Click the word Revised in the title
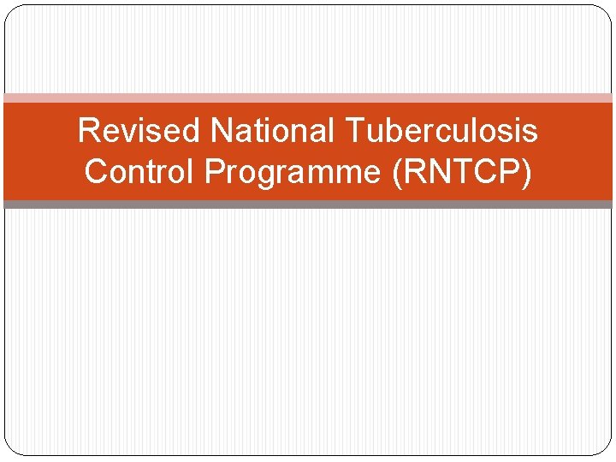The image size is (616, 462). [139, 132]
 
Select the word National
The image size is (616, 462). [274, 132]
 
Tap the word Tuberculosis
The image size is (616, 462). [442, 132]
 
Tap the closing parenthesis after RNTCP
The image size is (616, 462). [526, 173]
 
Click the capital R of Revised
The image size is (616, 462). [87, 132]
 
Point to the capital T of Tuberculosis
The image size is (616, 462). [357, 132]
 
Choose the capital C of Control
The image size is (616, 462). [96, 172]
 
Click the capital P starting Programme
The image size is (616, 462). [215, 172]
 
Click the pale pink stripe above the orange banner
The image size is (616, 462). [308, 98]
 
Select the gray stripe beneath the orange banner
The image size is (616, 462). [308, 204]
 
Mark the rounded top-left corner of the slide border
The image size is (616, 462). [10, 10]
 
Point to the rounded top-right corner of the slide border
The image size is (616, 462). [606, 11]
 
